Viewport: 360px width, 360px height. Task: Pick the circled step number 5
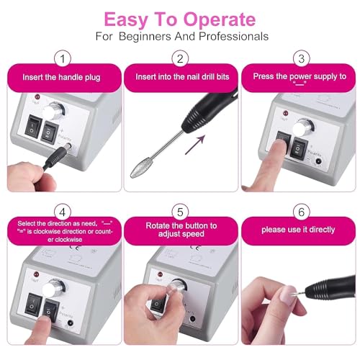tap(181, 213)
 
